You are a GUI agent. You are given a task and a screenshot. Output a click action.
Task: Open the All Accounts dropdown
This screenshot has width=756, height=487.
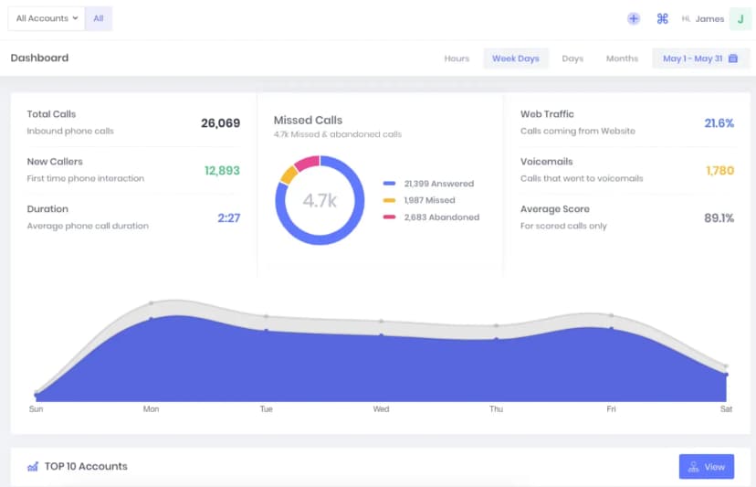pos(47,18)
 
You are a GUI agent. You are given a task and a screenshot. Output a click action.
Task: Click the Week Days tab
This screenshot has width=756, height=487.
pos(515,58)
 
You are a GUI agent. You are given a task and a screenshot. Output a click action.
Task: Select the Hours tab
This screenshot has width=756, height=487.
pos(457,58)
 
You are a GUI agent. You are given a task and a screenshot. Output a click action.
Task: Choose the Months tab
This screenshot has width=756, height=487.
pos(622,58)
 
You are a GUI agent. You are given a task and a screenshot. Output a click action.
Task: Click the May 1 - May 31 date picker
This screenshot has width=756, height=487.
pos(700,58)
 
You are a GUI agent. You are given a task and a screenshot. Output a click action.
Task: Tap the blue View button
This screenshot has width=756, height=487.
pos(707,466)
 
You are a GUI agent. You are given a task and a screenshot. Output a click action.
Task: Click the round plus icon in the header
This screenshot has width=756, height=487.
pos(634,19)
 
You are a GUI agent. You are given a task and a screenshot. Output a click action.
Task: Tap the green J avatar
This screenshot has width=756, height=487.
pos(740,19)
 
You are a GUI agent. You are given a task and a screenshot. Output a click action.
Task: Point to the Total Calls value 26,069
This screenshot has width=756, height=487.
pos(220,123)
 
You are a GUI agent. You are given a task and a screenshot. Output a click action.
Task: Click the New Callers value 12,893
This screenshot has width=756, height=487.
pos(222,170)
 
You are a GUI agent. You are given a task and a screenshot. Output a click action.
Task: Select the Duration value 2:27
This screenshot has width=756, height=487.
pos(228,217)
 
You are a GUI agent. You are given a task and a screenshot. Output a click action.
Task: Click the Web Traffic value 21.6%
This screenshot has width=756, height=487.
pos(719,123)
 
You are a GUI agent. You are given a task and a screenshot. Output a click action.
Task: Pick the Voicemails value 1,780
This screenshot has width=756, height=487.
pos(719,170)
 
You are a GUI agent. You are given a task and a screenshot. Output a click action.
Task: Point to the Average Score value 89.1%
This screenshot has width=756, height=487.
pos(719,217)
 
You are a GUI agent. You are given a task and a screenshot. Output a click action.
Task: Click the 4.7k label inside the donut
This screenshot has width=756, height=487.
pos(320,200)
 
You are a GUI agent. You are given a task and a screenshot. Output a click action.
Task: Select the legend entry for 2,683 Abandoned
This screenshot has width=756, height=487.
pos(432,217)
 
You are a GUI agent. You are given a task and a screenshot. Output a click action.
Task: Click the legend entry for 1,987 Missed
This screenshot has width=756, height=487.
pos(419,200)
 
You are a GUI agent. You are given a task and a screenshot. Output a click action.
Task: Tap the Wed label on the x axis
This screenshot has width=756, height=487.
pos(381,408)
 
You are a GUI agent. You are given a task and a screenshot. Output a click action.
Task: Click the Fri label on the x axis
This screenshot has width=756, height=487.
pos(611,408)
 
